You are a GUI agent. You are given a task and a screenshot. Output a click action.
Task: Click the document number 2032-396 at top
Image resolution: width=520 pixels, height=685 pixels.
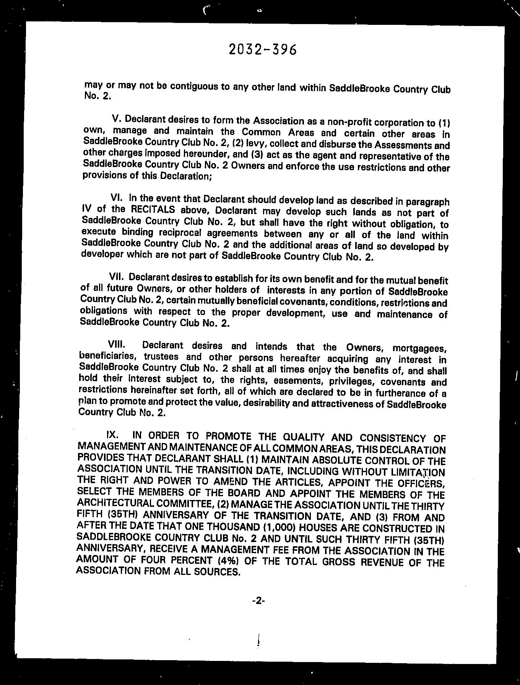pos(262,50)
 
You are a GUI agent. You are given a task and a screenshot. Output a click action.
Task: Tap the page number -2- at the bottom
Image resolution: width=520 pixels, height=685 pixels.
pos(258,601)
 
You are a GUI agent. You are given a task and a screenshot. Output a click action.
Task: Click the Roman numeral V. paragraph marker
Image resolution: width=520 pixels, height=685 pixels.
pos(116,118)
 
